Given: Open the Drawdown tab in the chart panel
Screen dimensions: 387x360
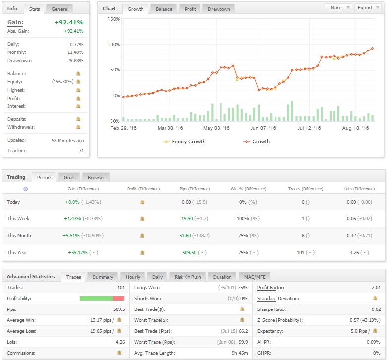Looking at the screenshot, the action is tap(219, 9).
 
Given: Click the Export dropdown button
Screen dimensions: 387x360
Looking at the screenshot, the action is tap(368, 7).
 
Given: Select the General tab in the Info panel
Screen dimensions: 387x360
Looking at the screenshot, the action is tap(60, 9).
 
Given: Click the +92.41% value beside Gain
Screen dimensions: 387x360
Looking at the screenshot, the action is tap(69, 22).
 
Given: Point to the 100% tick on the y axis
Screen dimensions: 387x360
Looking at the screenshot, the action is tap(113, 45).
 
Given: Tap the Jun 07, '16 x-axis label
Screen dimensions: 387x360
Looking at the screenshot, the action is tap(263, 128).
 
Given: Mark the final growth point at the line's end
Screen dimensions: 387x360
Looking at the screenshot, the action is tap(372, 49).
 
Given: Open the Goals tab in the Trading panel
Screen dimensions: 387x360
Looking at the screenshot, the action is tap(69, 178).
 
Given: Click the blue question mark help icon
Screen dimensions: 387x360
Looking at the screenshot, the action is tap(25, 189).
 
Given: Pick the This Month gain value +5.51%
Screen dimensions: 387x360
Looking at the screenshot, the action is tap(71, 236).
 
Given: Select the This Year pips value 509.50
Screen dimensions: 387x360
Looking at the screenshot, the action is tap(189, 252).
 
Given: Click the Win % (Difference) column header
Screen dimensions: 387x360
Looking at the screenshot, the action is tap(248, 189).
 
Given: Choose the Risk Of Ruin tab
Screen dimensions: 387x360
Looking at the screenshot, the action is tap(188, 277).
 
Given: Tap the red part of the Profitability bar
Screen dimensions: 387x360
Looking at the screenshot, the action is tap(118, 299).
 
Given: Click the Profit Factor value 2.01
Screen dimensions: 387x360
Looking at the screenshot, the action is tap(376, 288).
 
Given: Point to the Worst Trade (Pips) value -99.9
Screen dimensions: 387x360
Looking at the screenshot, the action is tap(242, 342).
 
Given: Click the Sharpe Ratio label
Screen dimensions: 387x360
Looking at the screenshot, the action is tap(272, 309).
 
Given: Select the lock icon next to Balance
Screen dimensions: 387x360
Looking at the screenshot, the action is tap(78, 73).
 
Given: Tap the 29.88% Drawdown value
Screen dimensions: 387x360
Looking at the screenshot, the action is tap(75, 60).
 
